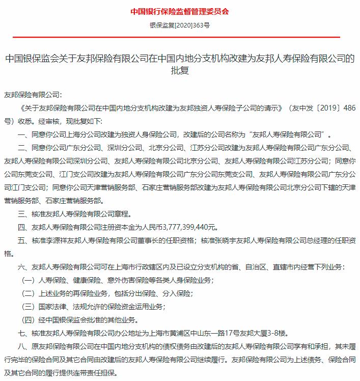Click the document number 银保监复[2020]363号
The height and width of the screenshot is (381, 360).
coord(180,24)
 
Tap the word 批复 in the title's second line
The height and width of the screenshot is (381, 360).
coord(180,71)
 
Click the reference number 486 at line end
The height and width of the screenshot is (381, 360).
coord(348,108)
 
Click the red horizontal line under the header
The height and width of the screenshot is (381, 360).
coord(180,37)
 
